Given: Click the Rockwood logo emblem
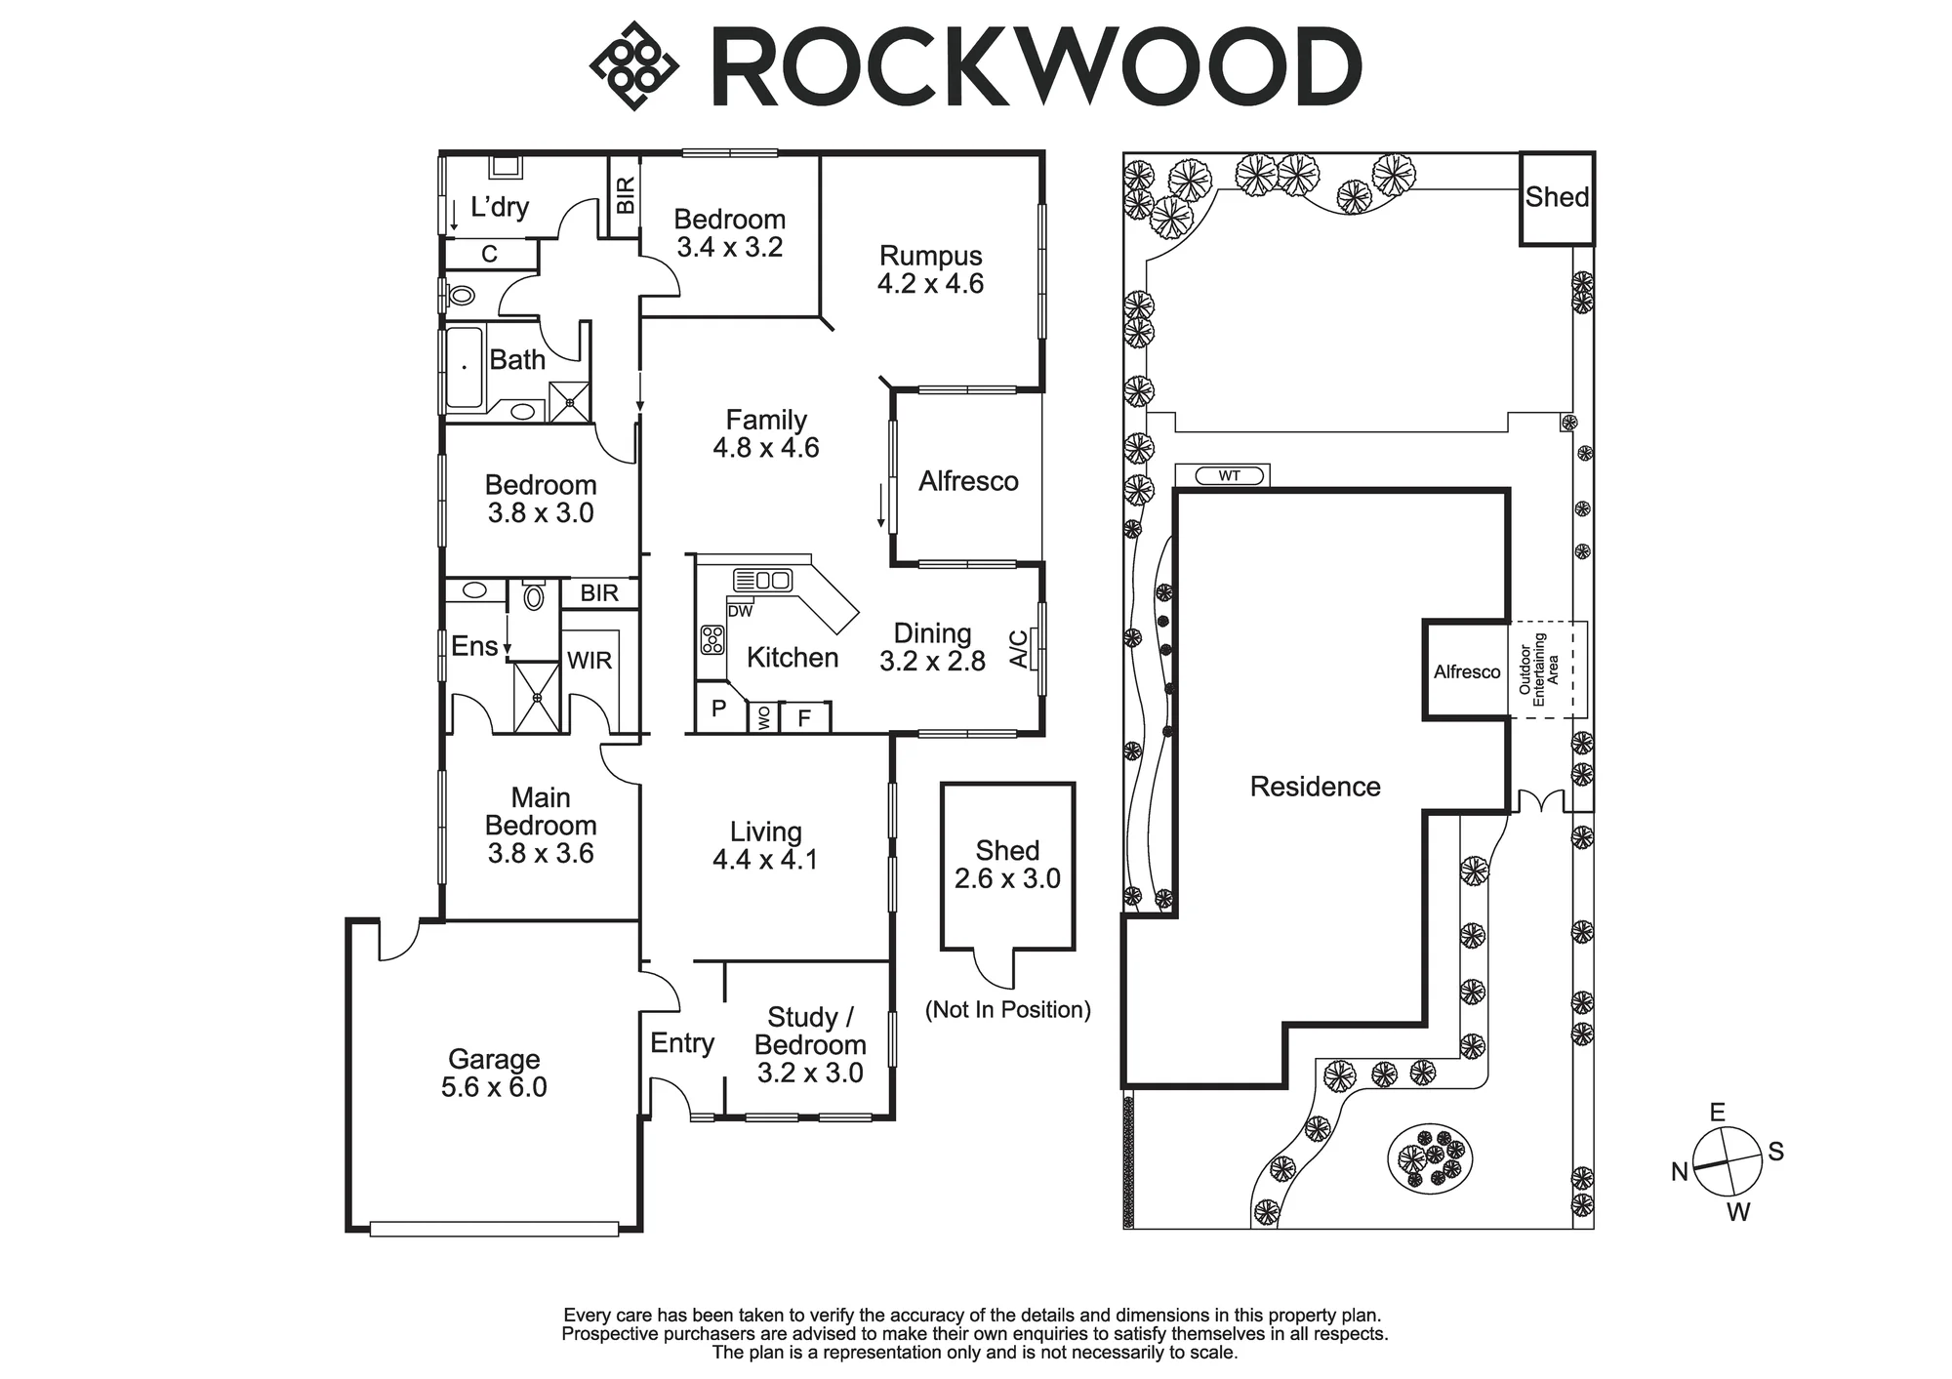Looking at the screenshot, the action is (634, 65).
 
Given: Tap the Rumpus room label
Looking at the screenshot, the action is (930, 256).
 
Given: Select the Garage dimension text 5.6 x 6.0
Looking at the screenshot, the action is (494, 1087).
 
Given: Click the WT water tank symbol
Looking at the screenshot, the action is (1229, 476).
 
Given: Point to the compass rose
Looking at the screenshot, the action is (1728, 1161).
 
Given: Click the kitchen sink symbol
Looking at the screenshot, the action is (762, 581).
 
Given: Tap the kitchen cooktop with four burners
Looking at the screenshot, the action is (712, 639).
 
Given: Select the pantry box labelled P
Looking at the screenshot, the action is (719, 708).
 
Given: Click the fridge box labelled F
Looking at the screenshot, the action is (805, 717).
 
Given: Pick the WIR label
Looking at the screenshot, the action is (590, 661).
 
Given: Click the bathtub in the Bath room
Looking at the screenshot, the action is (465, 368).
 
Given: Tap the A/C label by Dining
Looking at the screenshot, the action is (1018, 649).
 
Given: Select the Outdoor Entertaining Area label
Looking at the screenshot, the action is (1539, 669).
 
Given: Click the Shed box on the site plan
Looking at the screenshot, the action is (1557, 198).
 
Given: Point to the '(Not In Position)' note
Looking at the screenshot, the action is (1008, 1009).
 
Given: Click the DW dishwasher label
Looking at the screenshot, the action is (740, 611).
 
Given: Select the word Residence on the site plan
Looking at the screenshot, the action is (1315, 787).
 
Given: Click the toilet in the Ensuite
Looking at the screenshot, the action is (533, 595).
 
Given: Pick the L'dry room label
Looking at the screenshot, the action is (500, 207).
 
